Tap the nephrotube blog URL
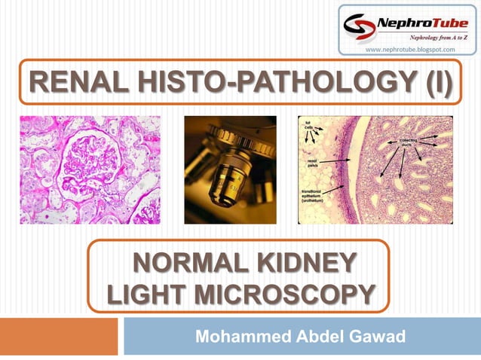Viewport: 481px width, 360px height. [411, 50]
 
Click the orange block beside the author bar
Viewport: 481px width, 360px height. [59, 336]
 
